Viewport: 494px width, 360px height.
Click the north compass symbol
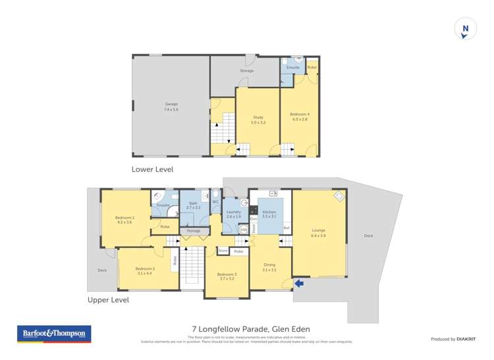[x=465, y=28]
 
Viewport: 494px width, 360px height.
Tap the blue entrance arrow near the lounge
[x=299, y=284]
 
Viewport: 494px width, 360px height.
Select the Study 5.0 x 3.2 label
[x=257, y=120]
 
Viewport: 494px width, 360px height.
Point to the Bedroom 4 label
[x=300, y=116]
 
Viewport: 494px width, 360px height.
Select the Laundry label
[x=234, y=213]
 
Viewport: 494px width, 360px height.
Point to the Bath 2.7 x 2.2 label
[x=193, y=205]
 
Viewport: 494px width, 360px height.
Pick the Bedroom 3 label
[x=227, y=276]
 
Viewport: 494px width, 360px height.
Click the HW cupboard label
[x=243, y=230]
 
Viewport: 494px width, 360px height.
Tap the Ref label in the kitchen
[x=286, y=228]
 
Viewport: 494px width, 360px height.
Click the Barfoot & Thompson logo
[x=54, y=334]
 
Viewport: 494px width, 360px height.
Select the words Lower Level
[x=152, y=169]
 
